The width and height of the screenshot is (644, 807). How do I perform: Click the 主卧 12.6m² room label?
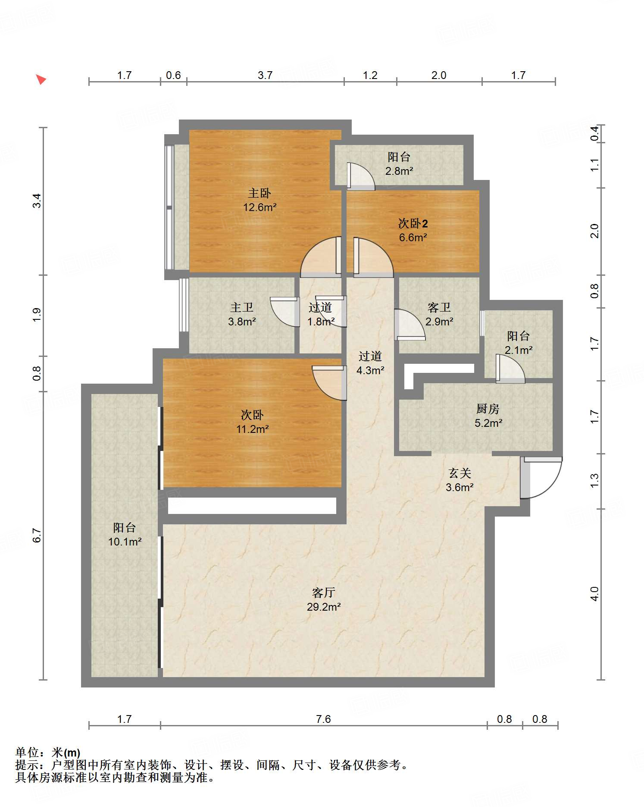click(x=259, y=200)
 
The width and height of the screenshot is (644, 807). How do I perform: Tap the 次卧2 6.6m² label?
click(x=413, y=230)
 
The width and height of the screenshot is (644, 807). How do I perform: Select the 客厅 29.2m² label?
click(x=324, y=600)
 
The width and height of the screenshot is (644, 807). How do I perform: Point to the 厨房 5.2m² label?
click(x=488, y=416)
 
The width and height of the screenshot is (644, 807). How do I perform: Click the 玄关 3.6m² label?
click(x=460, y=480)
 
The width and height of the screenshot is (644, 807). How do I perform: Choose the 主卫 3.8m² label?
click(x=242, y=314)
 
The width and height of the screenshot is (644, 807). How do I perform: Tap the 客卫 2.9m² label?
click(x=439, y=314)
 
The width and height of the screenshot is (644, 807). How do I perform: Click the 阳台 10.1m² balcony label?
click(x=125, y=534)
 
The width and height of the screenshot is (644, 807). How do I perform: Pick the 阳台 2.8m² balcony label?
click(x=399, y=164)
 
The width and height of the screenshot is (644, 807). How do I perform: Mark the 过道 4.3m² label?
click(x=370, y=363)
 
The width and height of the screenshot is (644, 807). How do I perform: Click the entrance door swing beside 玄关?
click(x=541, y=477)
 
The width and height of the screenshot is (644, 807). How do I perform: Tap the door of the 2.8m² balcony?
click(x=361, y=176)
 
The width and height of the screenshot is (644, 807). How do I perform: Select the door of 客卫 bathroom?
click(x=410, y=325)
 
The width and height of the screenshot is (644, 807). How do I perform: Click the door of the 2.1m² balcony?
click(x=510, y=369)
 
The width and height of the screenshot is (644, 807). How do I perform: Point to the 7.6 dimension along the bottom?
click(x=323, y=719)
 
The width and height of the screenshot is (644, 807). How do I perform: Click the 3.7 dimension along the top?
click(x=265, y=75)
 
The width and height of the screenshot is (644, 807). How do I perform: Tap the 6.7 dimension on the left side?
click(x=37, y=536)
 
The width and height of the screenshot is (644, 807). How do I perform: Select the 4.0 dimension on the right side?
click(x=594, y=594)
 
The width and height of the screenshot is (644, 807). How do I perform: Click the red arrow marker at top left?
click(x=41, y=79)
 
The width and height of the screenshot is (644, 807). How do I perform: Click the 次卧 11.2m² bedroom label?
click(x=252, y=422)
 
